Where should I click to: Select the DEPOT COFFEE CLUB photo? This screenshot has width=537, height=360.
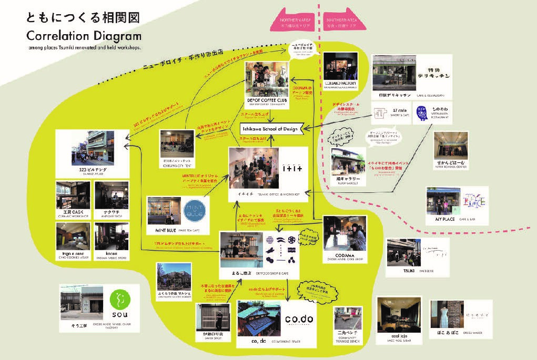pos(268,79)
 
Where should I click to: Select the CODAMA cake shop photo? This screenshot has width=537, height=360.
pos(345,233)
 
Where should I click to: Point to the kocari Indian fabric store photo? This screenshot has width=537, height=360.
pos(111,236)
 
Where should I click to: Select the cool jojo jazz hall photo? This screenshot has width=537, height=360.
pos(399,315)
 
